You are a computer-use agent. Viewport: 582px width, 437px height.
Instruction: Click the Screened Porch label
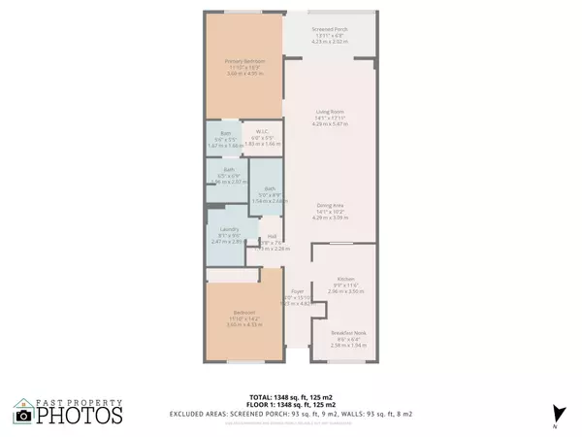point(331,31)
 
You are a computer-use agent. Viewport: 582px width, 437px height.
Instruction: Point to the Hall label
point(274,242)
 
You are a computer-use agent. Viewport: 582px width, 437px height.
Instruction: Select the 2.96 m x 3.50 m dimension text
point(344,290)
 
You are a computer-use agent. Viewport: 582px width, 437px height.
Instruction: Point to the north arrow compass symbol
point(555,412)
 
